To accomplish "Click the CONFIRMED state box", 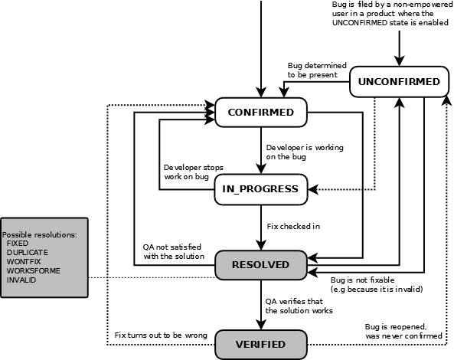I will click(261, 113).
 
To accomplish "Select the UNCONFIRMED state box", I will click(398, 82).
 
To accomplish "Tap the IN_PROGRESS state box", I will click(260, 188).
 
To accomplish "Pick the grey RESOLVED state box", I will click(261, 264).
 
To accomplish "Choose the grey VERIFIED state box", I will click(260, 344).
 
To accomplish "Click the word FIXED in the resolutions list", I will click(18, 243).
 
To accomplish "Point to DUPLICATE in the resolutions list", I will click(28, 252).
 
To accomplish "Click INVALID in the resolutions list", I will click(21, 280).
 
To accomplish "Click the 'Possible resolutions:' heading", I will click(39, 234).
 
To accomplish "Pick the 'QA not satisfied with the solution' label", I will click(174, 251).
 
